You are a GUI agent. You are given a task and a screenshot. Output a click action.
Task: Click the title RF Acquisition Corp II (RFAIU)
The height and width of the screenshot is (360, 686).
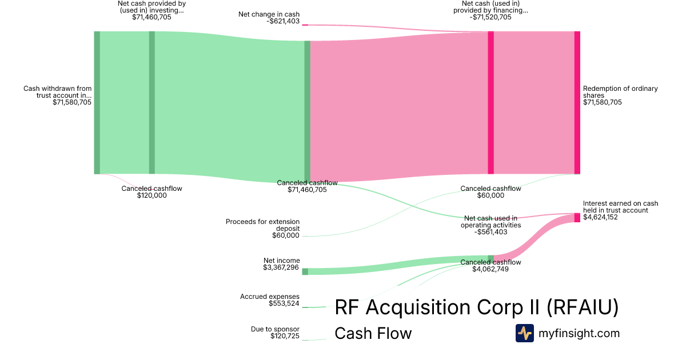click(x=476, y=307)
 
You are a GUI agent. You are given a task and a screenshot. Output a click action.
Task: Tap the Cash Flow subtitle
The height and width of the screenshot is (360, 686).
click(x=373, y=333)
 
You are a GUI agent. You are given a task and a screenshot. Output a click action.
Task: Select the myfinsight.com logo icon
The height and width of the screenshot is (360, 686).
click(x=524, y=333)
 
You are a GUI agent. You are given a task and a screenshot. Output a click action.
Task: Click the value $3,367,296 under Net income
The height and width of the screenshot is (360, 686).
click(x=281, y=267)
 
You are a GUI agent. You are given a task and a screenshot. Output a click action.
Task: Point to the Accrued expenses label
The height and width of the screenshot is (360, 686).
click(x=269, y=297)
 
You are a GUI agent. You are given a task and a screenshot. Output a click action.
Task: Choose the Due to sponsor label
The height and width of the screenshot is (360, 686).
click(x=275, y=329)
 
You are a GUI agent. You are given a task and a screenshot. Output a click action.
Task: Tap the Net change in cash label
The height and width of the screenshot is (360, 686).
click(x=269, y=14)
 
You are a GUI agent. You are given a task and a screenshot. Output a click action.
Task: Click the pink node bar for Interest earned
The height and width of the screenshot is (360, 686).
click(x=577, y=217)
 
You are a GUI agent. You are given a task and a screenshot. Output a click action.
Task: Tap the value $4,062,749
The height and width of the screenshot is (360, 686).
click(x=490, y=269)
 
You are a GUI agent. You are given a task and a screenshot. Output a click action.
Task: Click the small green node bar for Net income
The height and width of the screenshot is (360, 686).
click(x=305, y=271)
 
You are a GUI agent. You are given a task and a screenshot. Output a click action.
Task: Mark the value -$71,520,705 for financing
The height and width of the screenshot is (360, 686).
click(x=490, y=17)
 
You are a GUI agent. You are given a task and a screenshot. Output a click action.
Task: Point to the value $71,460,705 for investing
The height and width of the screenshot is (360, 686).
click(x=151, y=17)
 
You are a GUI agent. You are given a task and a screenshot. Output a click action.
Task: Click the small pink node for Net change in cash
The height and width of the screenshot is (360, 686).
click(x=305, y=25)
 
